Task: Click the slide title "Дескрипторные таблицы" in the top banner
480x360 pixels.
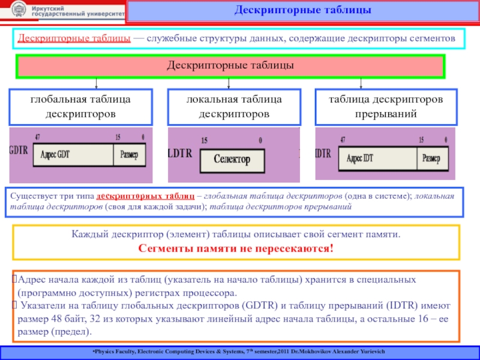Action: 302,11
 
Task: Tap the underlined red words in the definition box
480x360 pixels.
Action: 75,38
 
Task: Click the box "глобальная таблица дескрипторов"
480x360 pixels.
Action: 81,106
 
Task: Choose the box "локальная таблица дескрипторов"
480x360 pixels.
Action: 233,106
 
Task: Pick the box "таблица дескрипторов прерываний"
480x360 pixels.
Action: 386,106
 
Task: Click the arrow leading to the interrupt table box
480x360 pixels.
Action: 361,83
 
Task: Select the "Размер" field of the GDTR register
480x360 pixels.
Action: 129,155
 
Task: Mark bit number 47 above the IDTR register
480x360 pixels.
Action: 343,139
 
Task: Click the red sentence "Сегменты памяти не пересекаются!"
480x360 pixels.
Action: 236,248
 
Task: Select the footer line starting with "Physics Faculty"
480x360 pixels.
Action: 240,350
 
